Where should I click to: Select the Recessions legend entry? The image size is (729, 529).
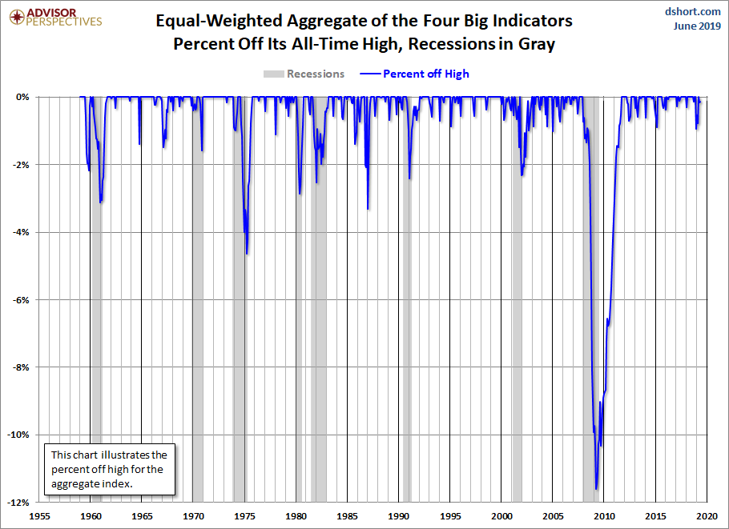click(304, 74)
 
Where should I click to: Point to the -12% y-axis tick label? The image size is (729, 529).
click(18, 503)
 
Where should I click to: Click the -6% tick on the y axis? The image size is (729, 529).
click(20, 300)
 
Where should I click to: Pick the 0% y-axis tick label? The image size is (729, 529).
click(22, 97)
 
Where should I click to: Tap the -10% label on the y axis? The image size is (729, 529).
click(18, 435)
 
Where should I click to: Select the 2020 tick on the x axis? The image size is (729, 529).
click(707, 516)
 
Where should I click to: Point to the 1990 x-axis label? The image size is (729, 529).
click(399, 516)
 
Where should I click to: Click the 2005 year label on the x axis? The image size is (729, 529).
click(553, 516)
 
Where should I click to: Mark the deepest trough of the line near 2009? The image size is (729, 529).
click(596, 489)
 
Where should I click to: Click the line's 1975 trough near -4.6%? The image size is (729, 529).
click(247, 254)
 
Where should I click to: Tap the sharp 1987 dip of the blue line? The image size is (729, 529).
click(368, 209)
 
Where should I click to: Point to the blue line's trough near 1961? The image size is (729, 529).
click(100, 202)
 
